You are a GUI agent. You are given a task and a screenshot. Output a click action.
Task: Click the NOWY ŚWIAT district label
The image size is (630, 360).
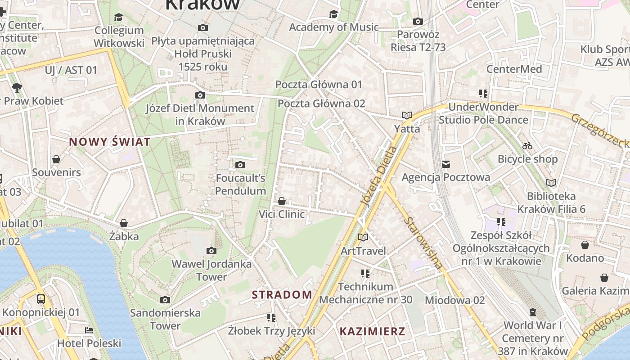(110, 142)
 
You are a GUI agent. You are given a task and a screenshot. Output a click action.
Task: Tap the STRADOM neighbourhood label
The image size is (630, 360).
(282, 295)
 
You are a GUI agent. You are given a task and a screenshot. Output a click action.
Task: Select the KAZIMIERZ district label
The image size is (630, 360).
(372, 332)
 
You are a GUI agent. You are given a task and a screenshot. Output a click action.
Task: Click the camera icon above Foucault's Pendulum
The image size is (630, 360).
(240, 165)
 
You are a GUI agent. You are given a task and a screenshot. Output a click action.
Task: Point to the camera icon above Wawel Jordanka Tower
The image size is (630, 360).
(211, 251)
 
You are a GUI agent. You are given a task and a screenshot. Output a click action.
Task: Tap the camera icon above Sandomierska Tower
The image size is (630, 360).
(165, 300)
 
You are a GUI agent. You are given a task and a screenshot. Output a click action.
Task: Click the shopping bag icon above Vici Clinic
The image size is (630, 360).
(282, 201)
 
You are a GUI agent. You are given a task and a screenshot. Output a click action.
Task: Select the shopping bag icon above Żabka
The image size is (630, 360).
(124, 223)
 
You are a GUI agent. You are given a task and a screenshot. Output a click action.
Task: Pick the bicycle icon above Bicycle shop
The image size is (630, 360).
(527, 146)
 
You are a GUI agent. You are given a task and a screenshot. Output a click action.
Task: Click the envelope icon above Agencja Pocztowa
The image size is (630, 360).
(445, 164)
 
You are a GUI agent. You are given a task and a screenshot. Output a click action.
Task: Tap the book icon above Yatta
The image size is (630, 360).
(407, 115)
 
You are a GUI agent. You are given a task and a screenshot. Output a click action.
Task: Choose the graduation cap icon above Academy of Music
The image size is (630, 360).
(333, 14)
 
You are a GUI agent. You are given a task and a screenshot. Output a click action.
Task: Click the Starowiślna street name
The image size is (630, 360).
(423, 243)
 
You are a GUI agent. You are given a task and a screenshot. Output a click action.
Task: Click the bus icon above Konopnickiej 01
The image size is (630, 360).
(41, 299)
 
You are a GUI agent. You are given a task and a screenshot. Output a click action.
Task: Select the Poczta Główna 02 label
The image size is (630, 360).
(321, 103)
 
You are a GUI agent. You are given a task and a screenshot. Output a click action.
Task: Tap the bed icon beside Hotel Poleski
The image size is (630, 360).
(89, 330)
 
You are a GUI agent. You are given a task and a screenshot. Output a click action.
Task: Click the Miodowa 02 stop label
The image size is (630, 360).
(454, 300)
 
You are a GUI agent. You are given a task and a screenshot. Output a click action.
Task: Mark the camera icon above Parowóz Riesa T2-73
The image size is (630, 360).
(418, 21)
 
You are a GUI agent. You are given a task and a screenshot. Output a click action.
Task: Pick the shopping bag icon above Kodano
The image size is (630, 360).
(585, 245)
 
